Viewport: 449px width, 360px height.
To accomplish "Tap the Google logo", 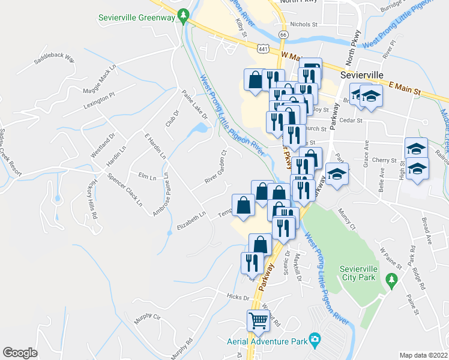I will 20,353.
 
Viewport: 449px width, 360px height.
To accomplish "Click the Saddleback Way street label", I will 54,59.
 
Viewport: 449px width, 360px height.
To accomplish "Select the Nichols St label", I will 303,25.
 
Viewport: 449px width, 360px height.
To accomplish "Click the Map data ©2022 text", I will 423,355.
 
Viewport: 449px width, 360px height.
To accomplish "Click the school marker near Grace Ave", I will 337,175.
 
